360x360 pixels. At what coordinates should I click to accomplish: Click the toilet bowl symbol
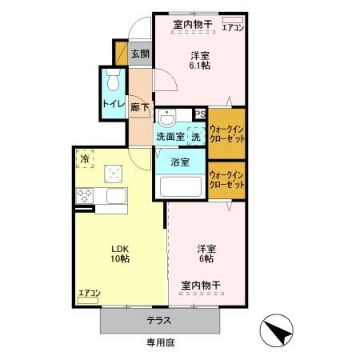pyautogui.click(x=113, y=80)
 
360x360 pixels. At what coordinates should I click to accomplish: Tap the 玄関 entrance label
pyautogui.click(x=140, y=54)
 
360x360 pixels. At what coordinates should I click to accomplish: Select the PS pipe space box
pyautogui.click(x=200, y=114)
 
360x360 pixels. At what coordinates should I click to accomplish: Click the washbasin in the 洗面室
pyautogui.click(x=167, y=118)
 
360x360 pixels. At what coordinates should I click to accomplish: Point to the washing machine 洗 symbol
pyautogui.click(x=196, y=137)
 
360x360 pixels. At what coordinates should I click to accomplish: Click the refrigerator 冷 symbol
pyautogui.click(x=85, y=159)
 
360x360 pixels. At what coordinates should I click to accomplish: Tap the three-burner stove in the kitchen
pyautogui.click(x=85, y=196)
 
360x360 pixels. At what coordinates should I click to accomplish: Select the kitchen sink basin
pyautogui.click(x=117, y=196)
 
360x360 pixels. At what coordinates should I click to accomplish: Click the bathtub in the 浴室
pyautogui.click(x=181, y=186)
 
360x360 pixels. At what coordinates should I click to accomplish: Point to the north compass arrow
pyautogui.click(x=278, y=331)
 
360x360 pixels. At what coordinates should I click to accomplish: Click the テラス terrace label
pyautogui.click(x=159, y=320)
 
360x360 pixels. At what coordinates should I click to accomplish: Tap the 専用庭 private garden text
pyautogui.click(x=161, y=342)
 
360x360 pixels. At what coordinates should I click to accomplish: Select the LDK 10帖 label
pyautogui.click(x=120, y=254)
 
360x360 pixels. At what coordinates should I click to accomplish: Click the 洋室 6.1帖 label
pyautogui.click(x=200, y=61)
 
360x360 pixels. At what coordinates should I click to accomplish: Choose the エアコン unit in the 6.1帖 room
pyautogui.click(x=233, y=20)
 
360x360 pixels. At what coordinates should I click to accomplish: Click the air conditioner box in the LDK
pyautogui.click(x=88, y=301)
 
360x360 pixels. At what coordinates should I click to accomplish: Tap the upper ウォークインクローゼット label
pyautogui.click(x=227, y=134)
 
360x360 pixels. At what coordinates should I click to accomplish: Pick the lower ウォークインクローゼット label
pyautogui.click(x=227, y=180)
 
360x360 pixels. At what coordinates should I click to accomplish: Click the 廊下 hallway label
pyautogui.click(x=140, y=107)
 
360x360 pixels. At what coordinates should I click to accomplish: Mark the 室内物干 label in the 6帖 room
pyautogui.click(x=201, y=286)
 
